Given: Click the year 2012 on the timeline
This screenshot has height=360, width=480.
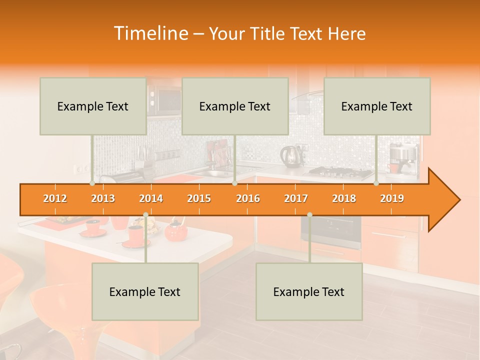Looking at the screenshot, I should (55, 198).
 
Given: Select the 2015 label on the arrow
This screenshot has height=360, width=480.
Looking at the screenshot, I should (199, 198).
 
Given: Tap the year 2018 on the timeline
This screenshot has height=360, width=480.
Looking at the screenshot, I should (344, 198).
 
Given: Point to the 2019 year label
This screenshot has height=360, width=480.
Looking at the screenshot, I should (392, 198).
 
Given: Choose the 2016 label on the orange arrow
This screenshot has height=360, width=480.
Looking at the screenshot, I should (248, 198).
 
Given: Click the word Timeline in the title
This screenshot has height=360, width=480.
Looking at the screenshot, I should (150, 33).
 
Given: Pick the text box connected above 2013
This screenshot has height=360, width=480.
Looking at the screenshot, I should (93, 106).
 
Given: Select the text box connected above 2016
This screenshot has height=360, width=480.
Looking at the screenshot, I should (235, 106).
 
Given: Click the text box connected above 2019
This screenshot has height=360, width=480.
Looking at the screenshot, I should (377, 106).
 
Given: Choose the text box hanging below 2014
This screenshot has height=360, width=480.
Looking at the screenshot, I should (145, 291).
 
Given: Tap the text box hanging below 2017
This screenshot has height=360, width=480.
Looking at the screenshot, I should (309, 291).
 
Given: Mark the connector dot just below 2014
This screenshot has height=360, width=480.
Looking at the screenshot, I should (145, 215).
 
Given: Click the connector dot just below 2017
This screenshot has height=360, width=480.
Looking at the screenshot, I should (309, 215).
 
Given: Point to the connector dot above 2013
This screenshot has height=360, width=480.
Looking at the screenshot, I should (92, 183).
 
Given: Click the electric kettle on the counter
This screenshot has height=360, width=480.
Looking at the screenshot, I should (288, 155).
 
